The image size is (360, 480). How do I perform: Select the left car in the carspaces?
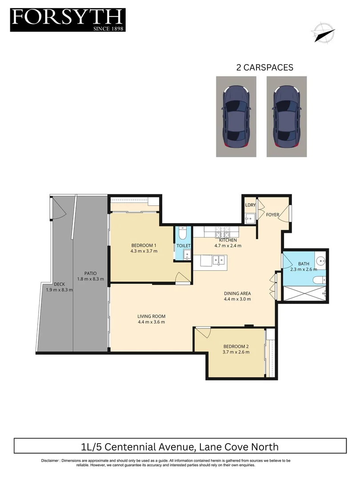[x=236, y=116]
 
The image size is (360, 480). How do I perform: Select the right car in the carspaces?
[x=287, y=116]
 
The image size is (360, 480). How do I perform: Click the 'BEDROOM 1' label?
[x=144, y=245]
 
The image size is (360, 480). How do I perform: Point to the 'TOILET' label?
[x=183, y=246]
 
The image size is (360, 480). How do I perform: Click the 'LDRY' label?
[x=250, y=205]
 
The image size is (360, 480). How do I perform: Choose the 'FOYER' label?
[x=272, y=215]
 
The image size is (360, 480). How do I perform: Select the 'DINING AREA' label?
[x=237, y=293]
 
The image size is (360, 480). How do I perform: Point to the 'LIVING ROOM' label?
[x=151, y=316]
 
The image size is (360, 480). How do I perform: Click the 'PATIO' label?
[x=90, y=273]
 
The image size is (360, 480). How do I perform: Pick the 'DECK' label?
[x=59, y=284]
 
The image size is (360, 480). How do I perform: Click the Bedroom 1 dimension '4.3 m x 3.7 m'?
[x=144, y=252]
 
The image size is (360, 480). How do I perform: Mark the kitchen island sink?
[x=218, y=260]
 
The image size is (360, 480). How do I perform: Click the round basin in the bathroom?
[x=320, y=260]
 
